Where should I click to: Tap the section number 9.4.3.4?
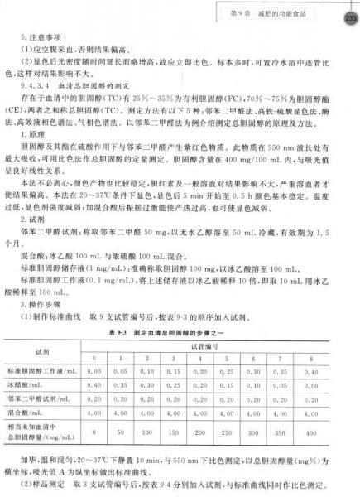pos(37,84)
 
